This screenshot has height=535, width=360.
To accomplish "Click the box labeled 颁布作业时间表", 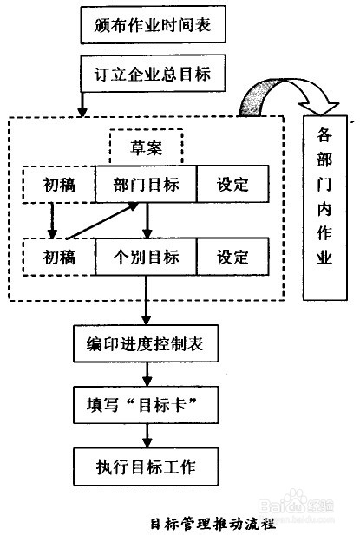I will tap(154, 28).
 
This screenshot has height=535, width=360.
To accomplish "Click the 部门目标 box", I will tap(146, 184).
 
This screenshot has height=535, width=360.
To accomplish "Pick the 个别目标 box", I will tap(146, 257).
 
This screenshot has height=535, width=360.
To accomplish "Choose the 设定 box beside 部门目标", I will tap(232, 184).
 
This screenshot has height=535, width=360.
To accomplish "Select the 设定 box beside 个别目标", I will tap(232, 257).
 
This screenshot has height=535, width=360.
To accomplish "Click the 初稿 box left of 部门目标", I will tap(59, 184).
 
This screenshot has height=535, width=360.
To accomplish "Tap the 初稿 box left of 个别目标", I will tap(59, 257).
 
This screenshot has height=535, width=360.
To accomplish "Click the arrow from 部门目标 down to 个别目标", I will tap(148, 220).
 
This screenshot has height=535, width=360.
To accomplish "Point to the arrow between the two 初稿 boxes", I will tap(51, 220).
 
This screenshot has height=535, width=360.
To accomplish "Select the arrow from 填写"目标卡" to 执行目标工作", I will tap(148, 435).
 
